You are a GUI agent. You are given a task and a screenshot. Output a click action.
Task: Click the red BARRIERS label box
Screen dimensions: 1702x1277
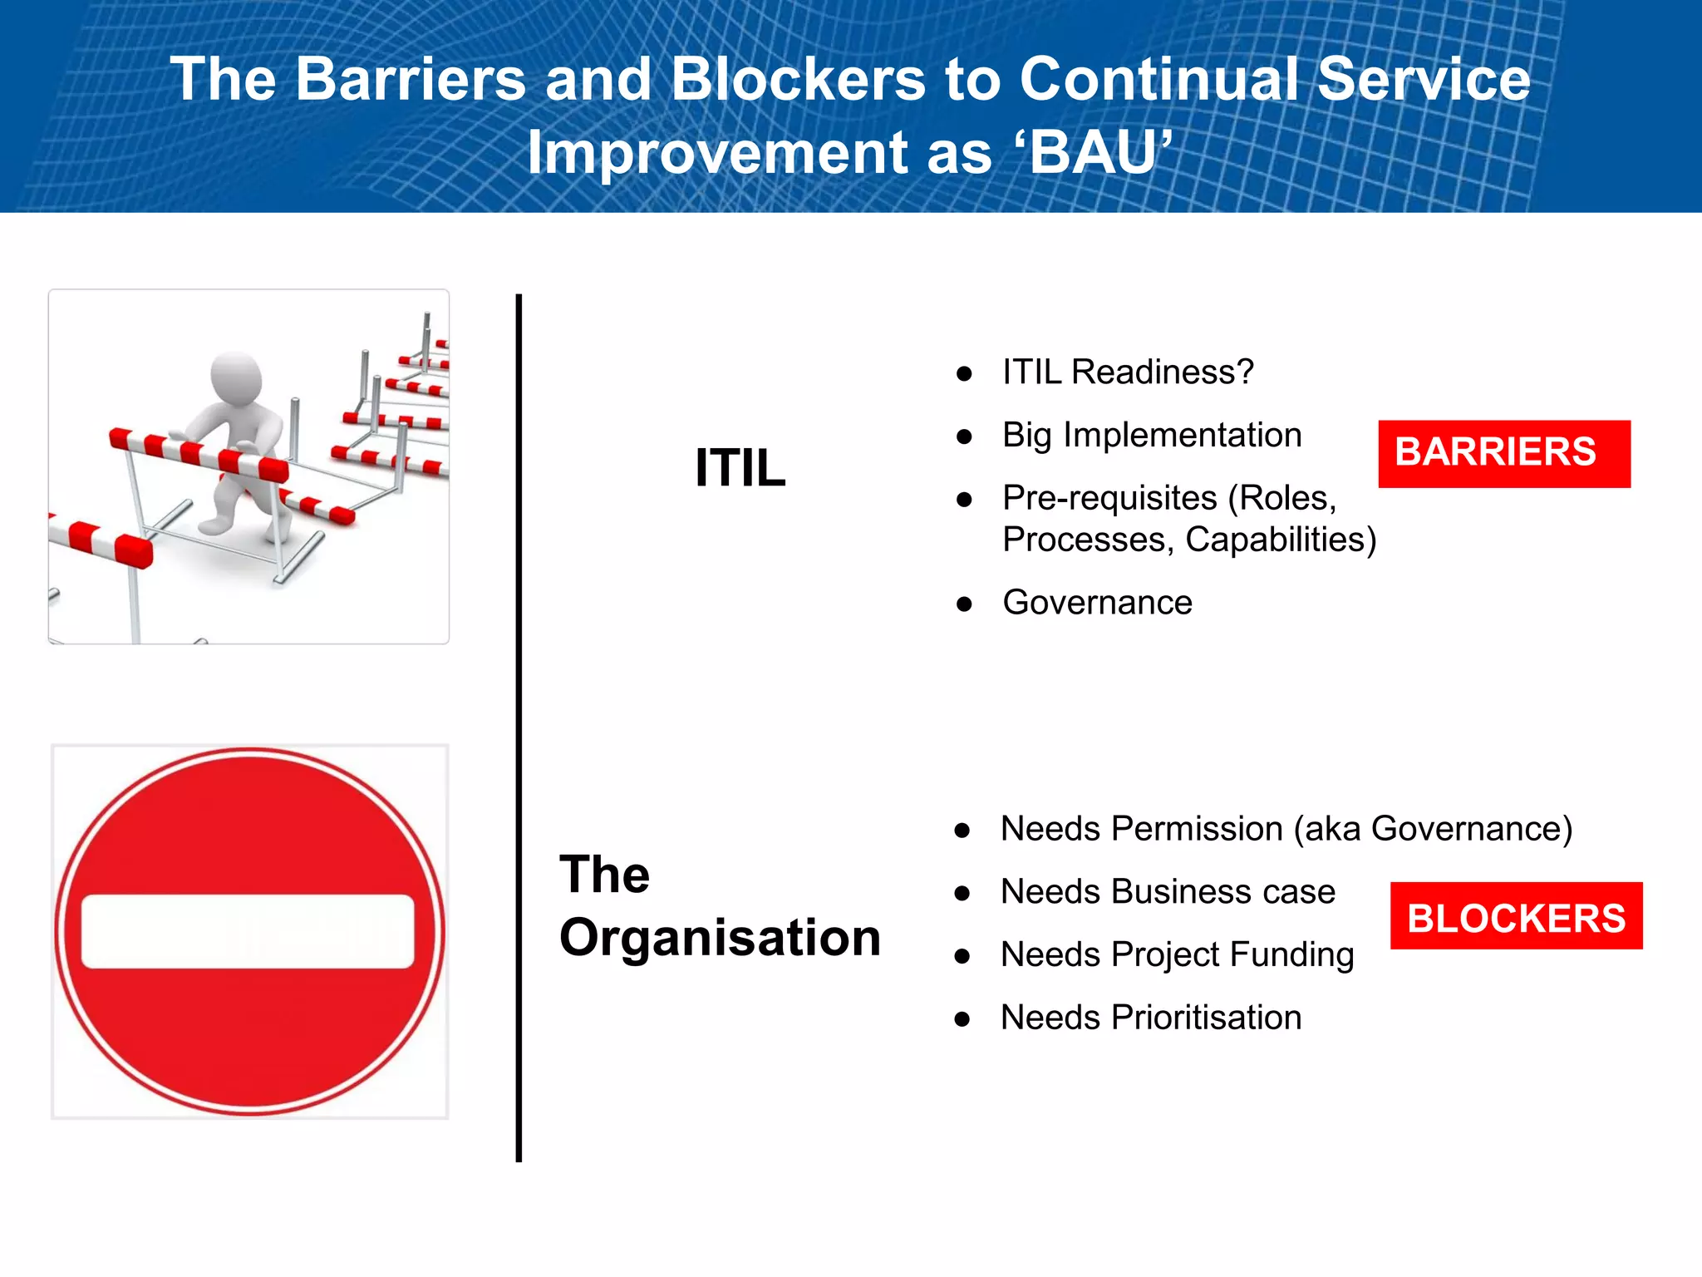1504,454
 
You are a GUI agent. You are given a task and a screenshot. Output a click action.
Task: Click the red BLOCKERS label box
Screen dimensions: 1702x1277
1517,915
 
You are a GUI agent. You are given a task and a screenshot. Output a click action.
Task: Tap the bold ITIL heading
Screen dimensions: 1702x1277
740,467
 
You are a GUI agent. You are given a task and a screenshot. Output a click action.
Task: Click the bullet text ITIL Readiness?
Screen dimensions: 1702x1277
1128,372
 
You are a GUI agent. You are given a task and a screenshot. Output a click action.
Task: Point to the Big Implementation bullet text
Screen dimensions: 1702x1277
1152,436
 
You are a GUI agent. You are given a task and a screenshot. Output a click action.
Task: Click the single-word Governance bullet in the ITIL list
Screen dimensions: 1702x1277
1098,602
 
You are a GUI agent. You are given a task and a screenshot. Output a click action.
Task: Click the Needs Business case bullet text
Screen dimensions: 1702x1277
1168,891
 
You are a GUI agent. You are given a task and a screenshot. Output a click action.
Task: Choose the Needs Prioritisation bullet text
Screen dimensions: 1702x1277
1151,1018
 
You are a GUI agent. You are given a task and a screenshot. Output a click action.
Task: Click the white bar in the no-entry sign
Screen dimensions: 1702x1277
248,931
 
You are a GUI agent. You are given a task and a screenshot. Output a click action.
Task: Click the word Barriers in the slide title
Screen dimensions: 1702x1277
411,80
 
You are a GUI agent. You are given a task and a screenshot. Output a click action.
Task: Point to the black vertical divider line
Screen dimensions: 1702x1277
519,727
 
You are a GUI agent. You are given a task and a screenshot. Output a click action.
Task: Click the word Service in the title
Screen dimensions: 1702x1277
1424,80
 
